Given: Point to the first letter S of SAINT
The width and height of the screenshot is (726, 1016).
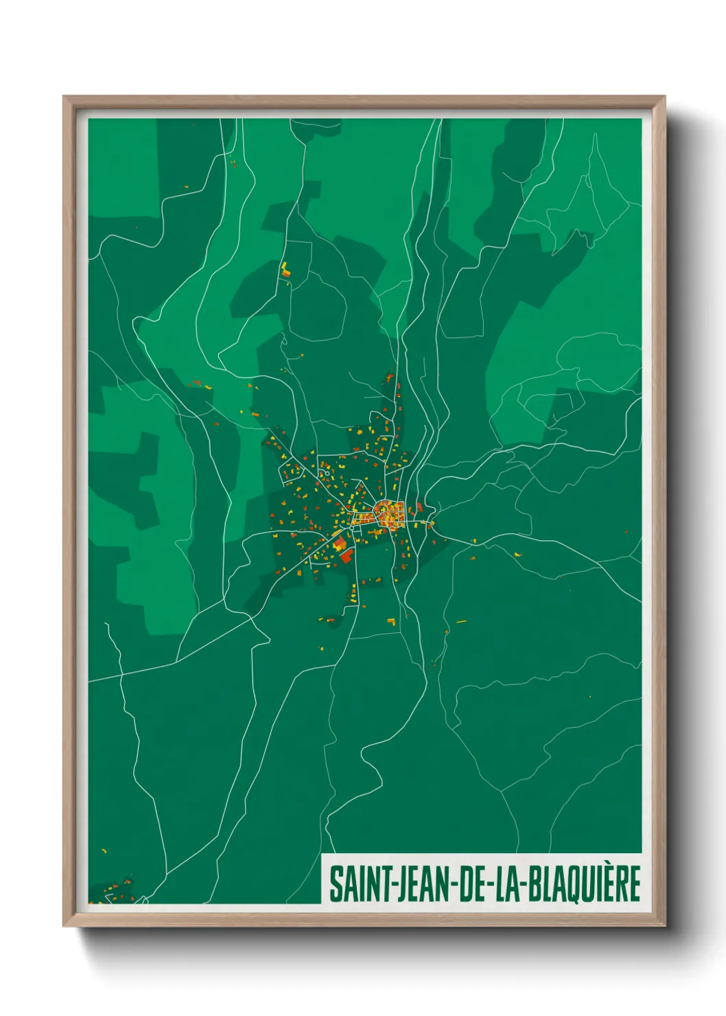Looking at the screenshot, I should point(336,884).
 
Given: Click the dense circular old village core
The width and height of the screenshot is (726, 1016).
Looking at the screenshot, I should point(388,513).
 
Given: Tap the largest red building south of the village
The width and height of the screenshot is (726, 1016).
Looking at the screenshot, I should point(346,555).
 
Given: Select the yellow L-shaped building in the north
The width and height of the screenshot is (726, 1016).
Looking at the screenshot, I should point(284,268).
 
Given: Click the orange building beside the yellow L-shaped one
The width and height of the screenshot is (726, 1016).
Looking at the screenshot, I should point(288,274).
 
